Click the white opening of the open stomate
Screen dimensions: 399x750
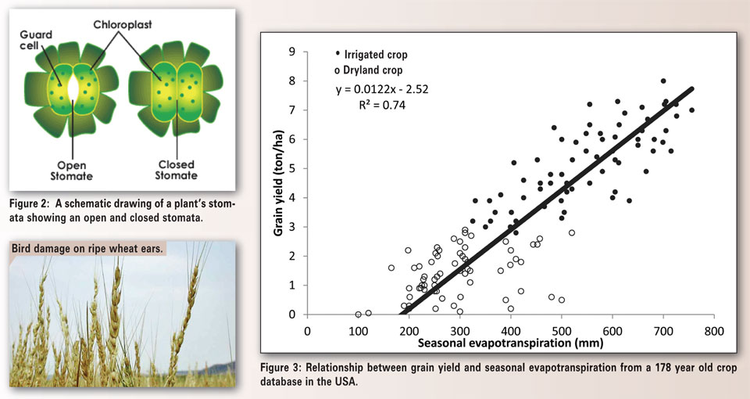[73, 88]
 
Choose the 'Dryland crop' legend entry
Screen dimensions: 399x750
[373, 71]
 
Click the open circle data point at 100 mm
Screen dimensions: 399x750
[359, 315]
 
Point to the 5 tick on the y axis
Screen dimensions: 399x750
[292, 168]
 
